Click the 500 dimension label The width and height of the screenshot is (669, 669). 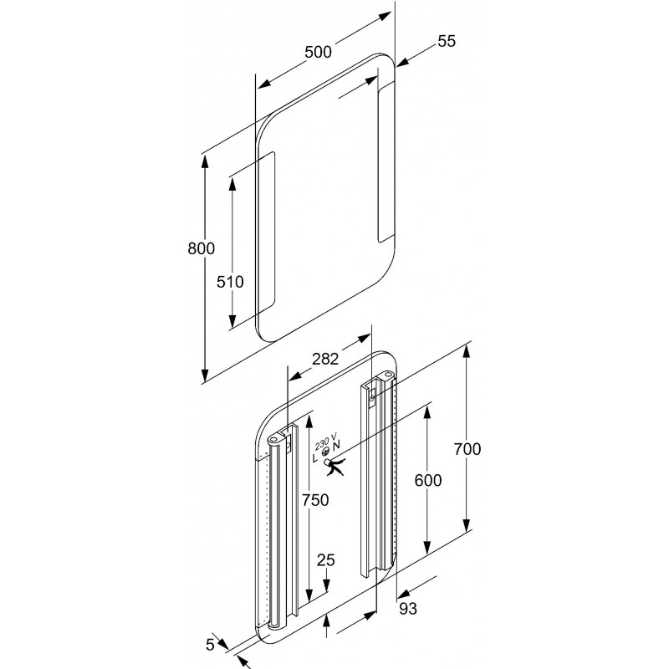[318, 52]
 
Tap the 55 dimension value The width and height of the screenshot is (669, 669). [447, 41]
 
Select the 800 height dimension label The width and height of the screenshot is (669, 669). [201, 248]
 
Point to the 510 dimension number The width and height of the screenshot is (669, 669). [230, 282]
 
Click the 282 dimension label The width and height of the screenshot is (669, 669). [325, 359]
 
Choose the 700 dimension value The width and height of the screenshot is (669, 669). [467, 449]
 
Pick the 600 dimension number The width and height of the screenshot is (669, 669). [428, 480]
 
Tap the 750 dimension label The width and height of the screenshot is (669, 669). [315, 500]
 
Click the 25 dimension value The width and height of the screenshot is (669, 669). [326, 559]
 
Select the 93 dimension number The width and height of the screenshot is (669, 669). [408, 609]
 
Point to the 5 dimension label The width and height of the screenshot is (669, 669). [210, 645]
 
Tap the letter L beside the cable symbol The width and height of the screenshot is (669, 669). [315, 458]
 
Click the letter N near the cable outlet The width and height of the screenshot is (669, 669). [337, 446]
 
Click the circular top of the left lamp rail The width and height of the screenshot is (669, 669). [273, 439]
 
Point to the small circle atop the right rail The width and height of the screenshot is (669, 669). [387, 374]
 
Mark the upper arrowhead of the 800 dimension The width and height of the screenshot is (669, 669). [205, 162]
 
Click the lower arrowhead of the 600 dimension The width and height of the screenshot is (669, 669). [427, 547]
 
